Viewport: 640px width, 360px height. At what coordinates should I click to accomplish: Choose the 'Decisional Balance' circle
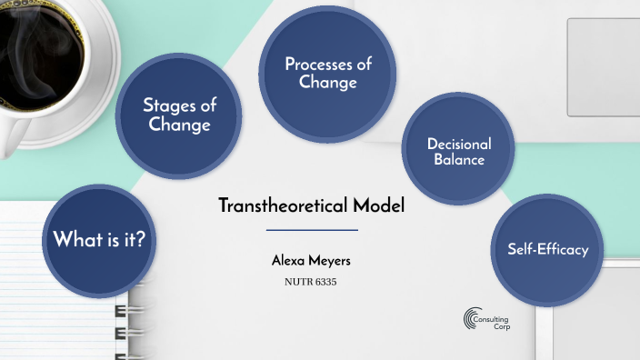(x=458, y=150)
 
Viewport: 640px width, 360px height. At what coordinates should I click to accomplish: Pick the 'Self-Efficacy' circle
(x=547, y=249)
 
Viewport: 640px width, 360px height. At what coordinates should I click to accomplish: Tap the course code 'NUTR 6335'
(x=312, y=282)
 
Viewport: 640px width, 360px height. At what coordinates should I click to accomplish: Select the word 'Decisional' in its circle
(x=459, y=144)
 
